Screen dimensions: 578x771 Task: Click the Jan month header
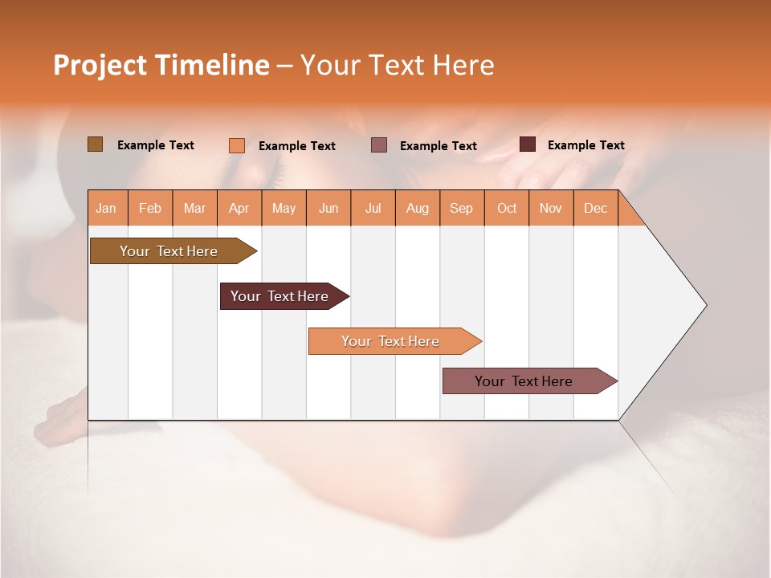(x=107, y=208)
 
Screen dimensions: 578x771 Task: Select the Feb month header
(x=150, y=208)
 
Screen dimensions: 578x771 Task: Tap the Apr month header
(x=239, y=208)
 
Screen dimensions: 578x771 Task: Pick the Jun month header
(x=328, y=208)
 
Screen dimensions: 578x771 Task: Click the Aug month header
(x=417, y=208)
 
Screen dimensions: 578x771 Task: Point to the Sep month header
(x=461, y=208)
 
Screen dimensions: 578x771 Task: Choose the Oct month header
(x=507, y=208)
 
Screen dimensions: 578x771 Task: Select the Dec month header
(x=595, y=208)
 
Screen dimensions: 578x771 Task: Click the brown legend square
(x=95, y=144)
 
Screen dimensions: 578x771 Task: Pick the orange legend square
(x=236, y=145)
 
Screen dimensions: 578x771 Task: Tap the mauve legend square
(x=379, y=145)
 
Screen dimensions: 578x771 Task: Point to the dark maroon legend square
(x=527, y=144)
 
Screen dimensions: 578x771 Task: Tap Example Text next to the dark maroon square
(x=585, y=144)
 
